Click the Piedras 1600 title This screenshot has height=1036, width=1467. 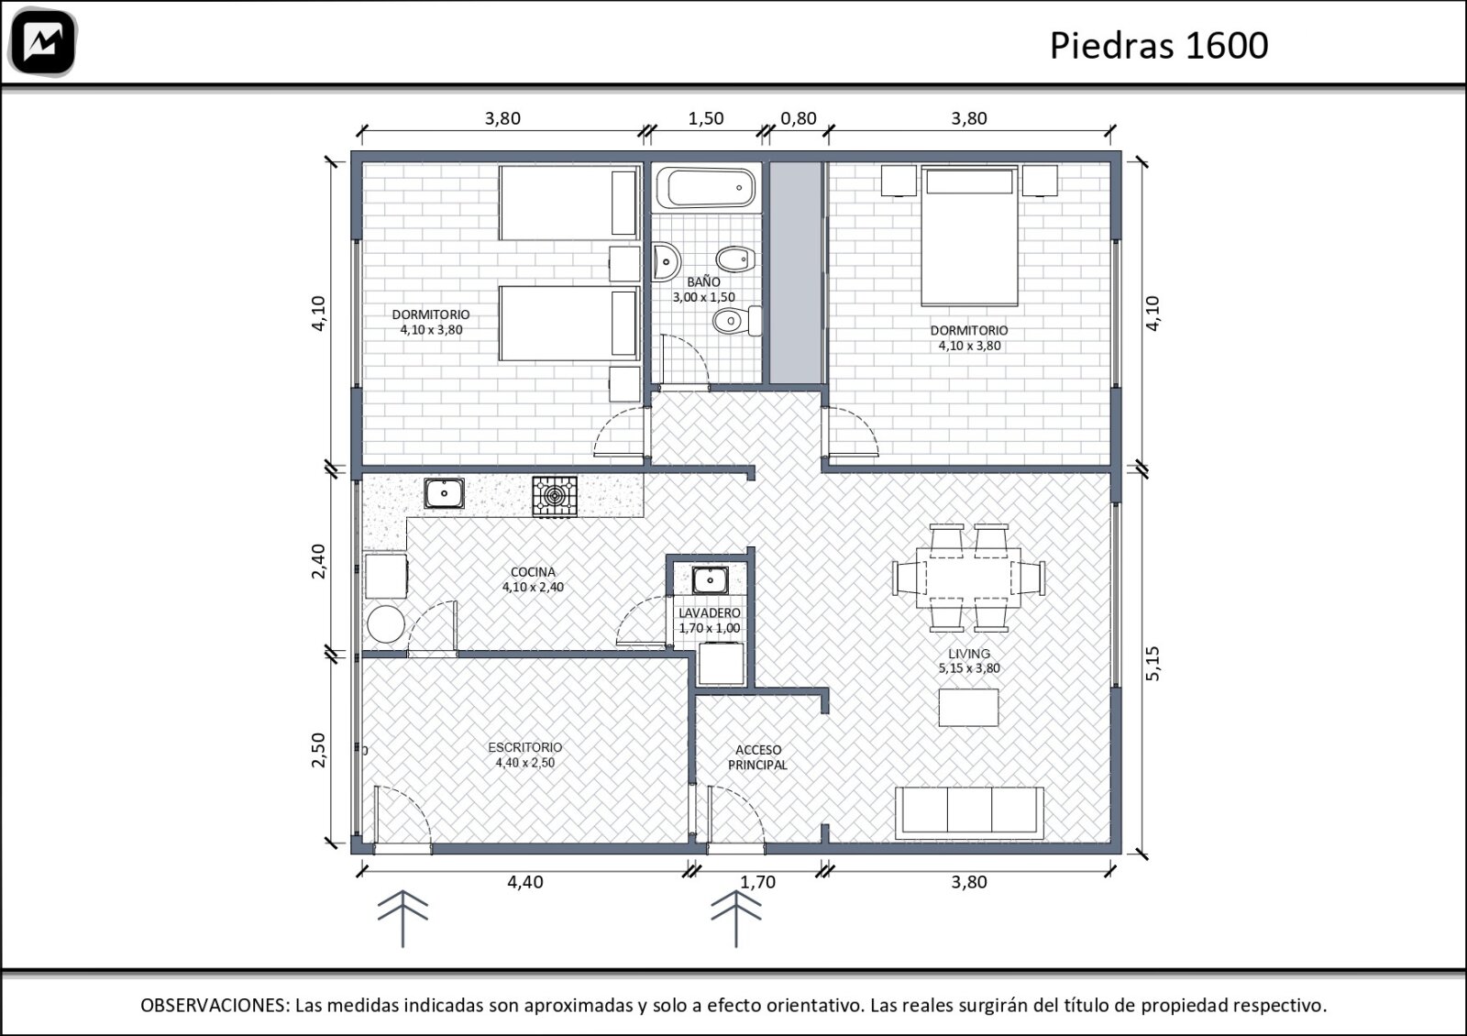pos(1159,45)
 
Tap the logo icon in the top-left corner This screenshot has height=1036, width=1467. pos(43,42)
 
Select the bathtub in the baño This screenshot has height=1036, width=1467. pos(706,189)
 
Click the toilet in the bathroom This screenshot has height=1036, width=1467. pos(737,321)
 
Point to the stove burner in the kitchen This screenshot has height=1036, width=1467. pos(554,496)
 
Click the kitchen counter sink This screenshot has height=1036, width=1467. pos(444,493)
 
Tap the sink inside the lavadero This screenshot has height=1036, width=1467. pos(710,579)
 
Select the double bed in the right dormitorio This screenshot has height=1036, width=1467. pos(969,236)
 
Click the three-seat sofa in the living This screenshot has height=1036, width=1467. pos(969,812)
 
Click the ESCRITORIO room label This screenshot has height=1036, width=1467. pos(525,747)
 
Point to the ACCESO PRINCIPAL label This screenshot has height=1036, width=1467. pos(757,757)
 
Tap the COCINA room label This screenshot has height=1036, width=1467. pos(533,572)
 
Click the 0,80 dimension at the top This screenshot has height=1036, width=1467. pos(799,118)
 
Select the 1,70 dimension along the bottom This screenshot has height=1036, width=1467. pos(757,882)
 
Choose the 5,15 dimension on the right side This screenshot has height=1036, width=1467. pos(1153,664)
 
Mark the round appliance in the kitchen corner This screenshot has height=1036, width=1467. pos(386,624)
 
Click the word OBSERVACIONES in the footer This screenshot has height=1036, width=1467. pos(215,1005)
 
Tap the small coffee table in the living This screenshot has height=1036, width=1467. pos(968,707)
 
